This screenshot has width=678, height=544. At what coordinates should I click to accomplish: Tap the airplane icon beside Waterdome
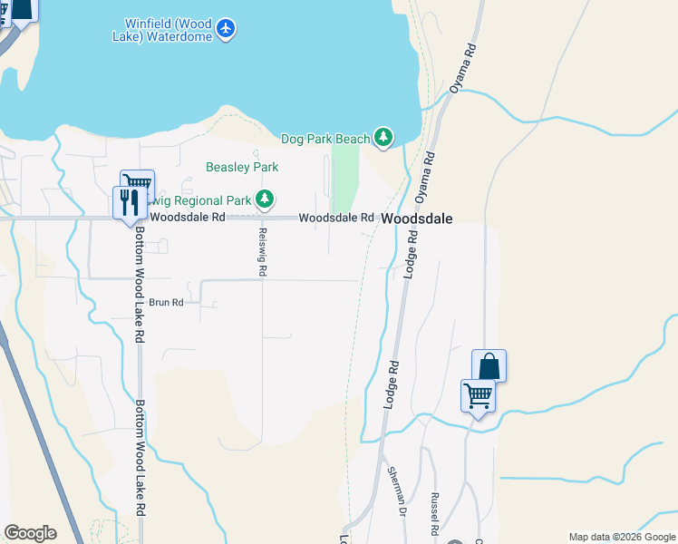click(227, 29)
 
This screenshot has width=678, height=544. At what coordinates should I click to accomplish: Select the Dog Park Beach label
click(325, 138)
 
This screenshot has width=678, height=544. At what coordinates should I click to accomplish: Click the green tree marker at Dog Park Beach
click(384, 137)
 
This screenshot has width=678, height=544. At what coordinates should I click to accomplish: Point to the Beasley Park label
click(242, 167)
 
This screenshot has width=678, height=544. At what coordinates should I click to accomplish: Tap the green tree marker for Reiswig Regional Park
click(264, 199)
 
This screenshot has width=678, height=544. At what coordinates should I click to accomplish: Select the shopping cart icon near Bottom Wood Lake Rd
click(137, 184)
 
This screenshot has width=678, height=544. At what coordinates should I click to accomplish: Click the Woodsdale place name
click(416, 219)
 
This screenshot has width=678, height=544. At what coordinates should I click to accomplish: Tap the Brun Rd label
click(166, 302)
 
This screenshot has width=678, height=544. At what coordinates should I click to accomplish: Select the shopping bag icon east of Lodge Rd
click(489, 365)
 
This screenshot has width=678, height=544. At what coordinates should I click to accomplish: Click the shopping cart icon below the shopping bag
click(478, 395)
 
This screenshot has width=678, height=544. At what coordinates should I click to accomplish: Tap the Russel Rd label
click(435, 511)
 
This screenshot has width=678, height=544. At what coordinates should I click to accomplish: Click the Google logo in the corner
click(30, 532)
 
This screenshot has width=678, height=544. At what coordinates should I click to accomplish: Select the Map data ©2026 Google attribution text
click(621, 537)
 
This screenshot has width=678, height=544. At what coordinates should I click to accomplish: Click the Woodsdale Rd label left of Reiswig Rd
click(188, 218)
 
